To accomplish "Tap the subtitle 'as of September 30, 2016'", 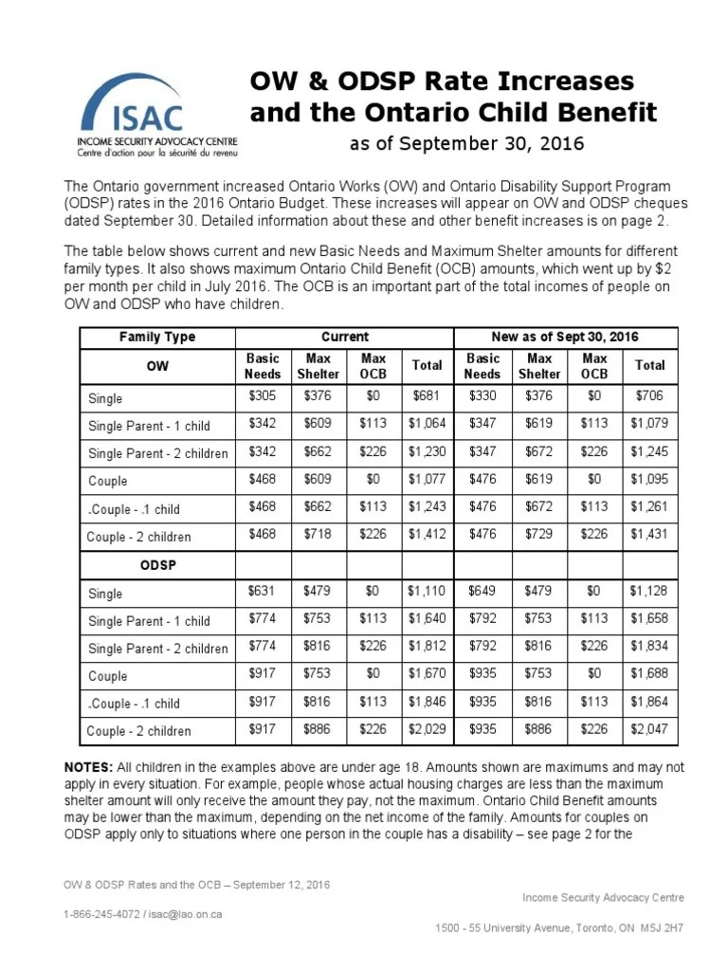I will coord(467,144).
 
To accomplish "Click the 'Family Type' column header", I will coord(157,337).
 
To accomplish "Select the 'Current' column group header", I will coord(345,337).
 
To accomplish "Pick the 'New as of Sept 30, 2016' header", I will coord(566,337).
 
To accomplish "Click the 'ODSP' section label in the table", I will coord(157,564).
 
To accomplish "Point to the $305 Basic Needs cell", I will coord(263,397).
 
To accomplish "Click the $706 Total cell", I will coord(649,397).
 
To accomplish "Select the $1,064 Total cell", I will coord(427,425).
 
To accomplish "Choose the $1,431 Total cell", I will coord(649,536).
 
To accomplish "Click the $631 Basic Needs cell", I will coord(263,592).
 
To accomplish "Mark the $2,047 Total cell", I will coord(649,730).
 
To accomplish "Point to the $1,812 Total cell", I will coord(427,648).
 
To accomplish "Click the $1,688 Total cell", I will coord(649,675).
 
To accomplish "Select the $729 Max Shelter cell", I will coord(538,536).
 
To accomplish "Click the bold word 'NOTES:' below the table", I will coord(89,766).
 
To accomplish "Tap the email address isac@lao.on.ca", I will coord(186,915).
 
